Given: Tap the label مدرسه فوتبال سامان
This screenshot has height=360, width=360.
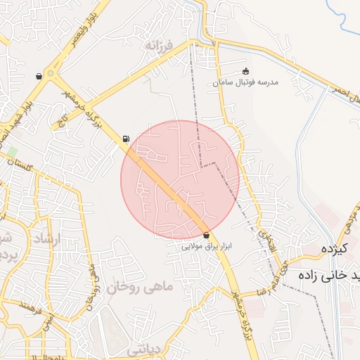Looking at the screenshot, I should point(245,82).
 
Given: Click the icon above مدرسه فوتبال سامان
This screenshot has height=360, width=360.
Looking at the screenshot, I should point(245,71).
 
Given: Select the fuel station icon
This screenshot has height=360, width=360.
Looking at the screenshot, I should point(126,139).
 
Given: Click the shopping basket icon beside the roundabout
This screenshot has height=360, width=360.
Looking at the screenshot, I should point(39,76).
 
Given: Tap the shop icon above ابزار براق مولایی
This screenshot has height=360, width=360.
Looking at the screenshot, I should point(206,235).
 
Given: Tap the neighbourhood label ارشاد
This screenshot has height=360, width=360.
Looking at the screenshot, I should point(48,240).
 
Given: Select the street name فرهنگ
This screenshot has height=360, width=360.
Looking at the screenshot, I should point(33,307).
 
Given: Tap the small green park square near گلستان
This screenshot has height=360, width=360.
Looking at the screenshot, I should point(12,152).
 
